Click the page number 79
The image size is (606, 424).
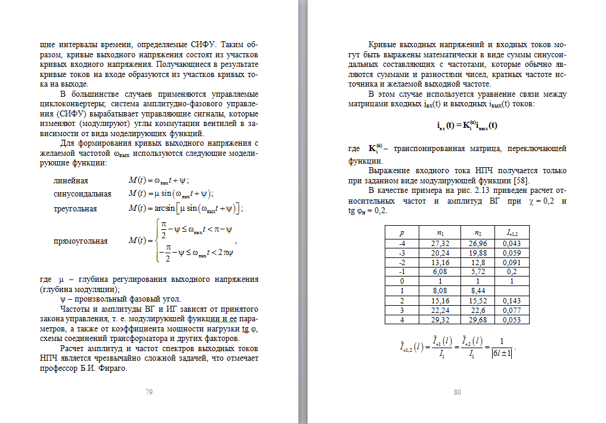tap(149, 392)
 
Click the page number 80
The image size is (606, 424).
tap(457, 392)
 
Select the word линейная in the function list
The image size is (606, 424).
tap(71, 180)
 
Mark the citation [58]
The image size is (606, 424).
tap(521, 181)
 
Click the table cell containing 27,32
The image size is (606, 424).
tap(439, 243)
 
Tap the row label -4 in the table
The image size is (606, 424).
tap(402, 243)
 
